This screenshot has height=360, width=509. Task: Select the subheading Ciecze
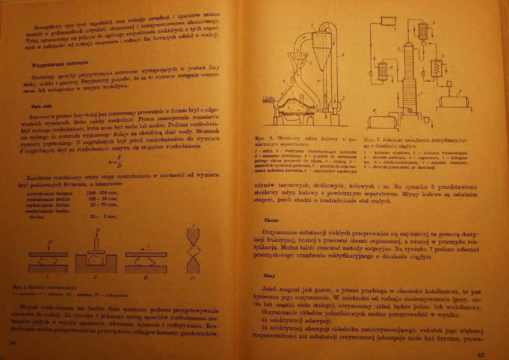271,220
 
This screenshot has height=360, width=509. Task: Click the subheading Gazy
269,276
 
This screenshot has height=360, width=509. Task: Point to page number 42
13,342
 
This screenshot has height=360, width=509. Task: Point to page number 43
480,355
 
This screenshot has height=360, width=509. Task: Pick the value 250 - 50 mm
102,199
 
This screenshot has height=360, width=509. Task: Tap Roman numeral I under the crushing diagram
47,277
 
